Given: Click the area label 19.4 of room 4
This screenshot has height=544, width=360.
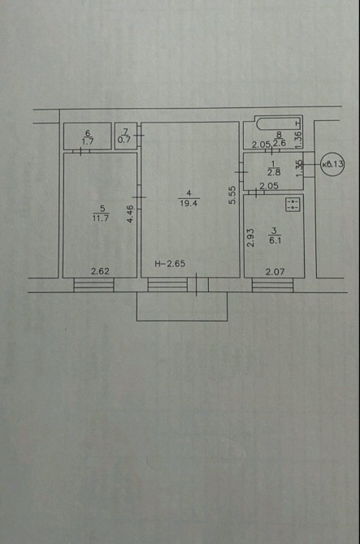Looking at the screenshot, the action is point(189,203).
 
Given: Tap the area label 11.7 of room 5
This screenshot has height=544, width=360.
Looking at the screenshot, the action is point(101,218).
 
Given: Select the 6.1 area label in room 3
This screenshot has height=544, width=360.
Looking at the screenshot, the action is point(275,240).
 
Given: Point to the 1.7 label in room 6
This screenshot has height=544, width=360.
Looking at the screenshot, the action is point(88,141).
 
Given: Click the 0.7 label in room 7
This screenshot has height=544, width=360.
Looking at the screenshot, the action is point(124,140).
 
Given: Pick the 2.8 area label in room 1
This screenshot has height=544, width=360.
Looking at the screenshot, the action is point(274,172).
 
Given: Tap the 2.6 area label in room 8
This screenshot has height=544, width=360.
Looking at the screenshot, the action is point(279,143).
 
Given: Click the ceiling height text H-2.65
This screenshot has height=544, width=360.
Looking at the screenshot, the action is point(170,264).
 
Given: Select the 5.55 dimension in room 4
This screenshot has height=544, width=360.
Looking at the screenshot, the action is point(232,195).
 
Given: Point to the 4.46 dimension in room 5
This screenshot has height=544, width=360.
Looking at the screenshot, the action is point(130,214).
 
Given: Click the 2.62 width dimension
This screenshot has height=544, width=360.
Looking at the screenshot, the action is point(100,271).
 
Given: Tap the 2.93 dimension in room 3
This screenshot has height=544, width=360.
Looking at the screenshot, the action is point(250,237).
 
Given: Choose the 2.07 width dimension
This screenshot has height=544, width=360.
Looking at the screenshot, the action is point(275,271).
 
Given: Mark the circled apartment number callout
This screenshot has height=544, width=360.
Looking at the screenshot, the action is point(332,164).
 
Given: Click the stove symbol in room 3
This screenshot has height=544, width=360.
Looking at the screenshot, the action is point(293,205).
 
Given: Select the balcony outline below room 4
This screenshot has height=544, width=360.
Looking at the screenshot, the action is point(182,307).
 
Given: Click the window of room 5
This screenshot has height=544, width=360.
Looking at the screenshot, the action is point(93,285).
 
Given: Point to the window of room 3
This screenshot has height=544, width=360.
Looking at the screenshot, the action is point(273,285).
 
